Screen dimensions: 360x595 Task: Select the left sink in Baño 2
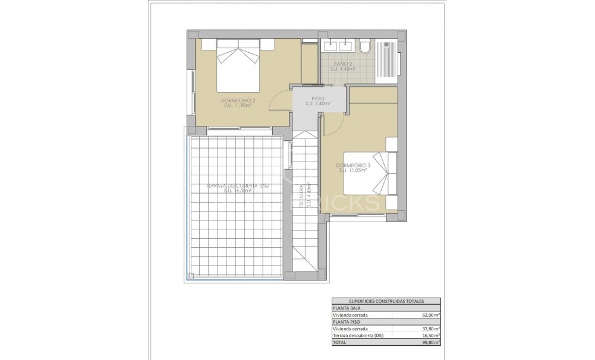(x=329, y=45)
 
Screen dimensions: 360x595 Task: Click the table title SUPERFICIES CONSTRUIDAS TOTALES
(x=385, y=301)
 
